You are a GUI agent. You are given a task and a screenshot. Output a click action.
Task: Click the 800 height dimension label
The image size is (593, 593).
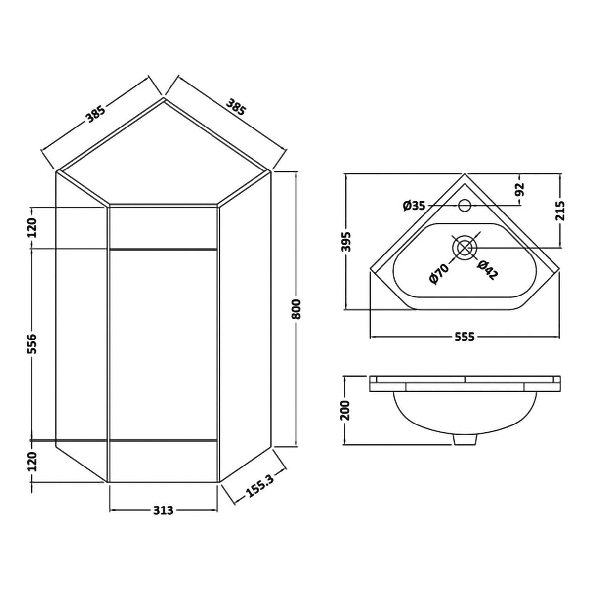pos(296,309)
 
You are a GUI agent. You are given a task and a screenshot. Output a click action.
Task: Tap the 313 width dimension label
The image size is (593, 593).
pos(163,510)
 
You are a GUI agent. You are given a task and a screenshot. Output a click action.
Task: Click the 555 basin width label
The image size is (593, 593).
pos(465,337)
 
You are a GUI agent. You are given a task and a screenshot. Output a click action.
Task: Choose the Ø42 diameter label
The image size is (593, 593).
pos(487,270)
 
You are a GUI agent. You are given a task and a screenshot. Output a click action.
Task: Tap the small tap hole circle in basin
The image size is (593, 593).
pos(465,204)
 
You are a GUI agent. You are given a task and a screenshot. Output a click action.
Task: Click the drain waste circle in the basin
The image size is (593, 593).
pos(465,247)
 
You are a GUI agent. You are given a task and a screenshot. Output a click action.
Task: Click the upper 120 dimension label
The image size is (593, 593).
pos(31,228)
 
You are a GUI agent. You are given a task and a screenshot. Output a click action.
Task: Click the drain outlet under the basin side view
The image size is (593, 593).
pos(465,439)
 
